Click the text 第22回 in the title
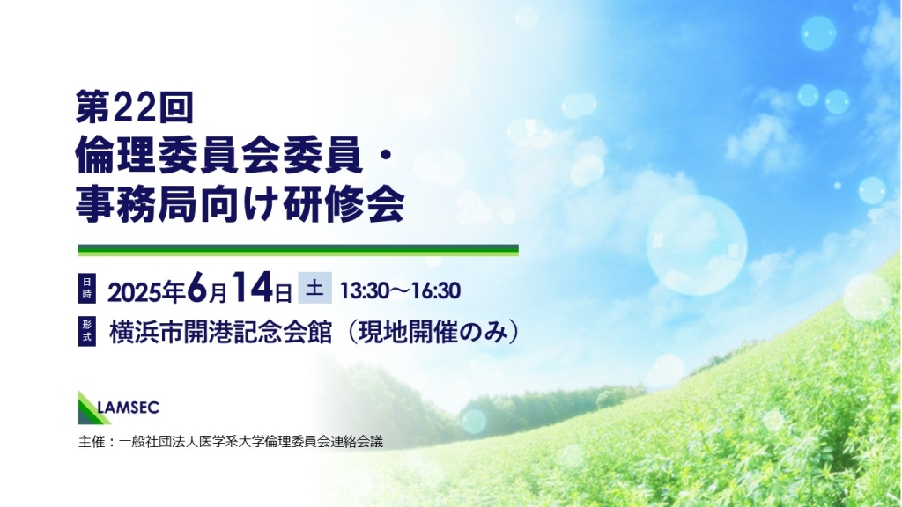(x=134, y=107)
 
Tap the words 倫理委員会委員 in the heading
(x=219, y=155)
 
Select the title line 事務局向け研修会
(x=240, y=203)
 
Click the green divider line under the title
(x=298, y=250)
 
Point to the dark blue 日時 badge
(x=87, y=288)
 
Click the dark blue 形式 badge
(x=87, y=331)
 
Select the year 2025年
(x=145, y=292)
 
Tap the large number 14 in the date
(x=253, y=287)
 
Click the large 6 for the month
(x=196, y=287)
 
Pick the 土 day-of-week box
(x=314, y=288)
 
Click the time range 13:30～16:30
(x=401, y=290)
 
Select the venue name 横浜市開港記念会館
(x=221, y=332)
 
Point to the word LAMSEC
(x=129, y=408)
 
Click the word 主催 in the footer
(x=92, y=442)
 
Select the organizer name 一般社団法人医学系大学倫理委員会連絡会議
(x=251, y=442)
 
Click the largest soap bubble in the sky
(x=697, y=246)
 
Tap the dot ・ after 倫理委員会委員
(x=386, y=156)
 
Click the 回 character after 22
(x=176, y=107)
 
